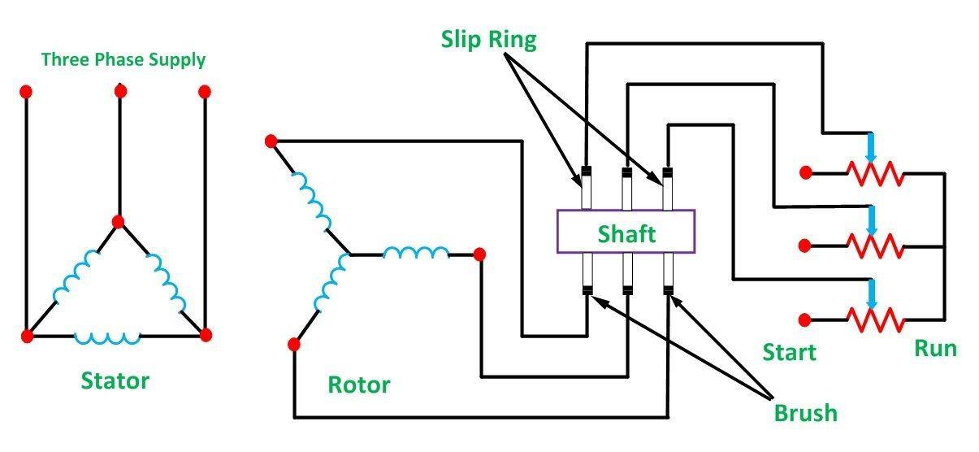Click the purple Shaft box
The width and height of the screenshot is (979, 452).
[626, 233]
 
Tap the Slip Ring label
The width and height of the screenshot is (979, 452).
[488, 39]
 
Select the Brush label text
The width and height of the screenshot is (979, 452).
[805, 412]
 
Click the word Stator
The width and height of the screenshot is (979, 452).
[115, 380]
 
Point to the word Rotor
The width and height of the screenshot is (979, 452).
[358, 384]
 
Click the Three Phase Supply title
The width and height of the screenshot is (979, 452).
[123, 59]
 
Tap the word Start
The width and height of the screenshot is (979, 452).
[789, 352]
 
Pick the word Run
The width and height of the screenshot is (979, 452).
[935, 349]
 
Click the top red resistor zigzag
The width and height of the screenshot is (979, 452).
[875, 173]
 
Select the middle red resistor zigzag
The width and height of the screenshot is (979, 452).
[875, 245]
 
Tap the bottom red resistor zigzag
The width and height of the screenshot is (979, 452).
[875, 318]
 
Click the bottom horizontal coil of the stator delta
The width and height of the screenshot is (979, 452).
[106, 336]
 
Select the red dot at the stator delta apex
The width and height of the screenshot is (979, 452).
[118, 221]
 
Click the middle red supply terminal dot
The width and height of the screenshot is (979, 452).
[120, 91]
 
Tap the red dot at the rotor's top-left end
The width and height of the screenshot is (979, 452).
[271, 141]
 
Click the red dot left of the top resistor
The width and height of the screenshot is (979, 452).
[805, 172]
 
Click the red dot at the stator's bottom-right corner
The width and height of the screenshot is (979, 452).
[205, 335]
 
